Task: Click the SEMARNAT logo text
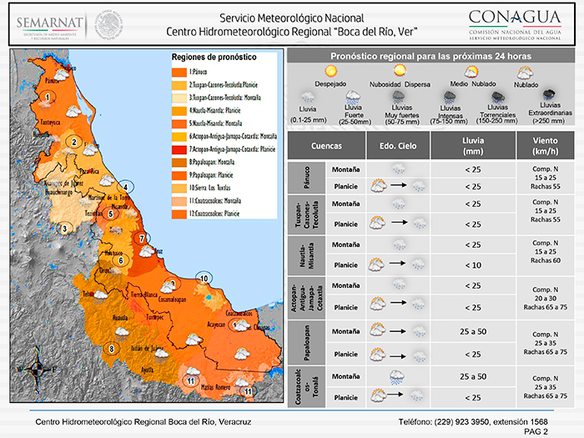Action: pyautogui.click(x=47, y=19)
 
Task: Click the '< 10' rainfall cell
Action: pyautogui.click(x=473, y=264)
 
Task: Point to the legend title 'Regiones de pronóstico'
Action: pyautogui.click(x=214, y=57)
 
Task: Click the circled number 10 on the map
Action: pyautogui.click(x=203, y=278)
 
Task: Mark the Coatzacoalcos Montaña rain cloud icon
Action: pyautogui.click(x=398, y=376)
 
